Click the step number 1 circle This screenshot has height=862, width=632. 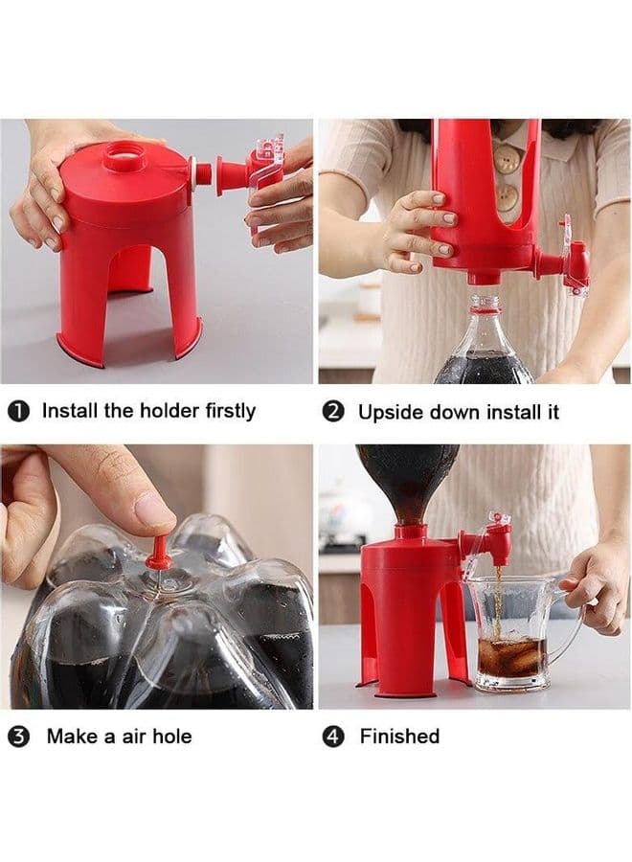coord(19,412)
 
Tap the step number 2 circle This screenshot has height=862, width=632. coord(333,412)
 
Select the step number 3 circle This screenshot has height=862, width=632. coord(19,737)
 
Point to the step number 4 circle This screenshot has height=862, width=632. coord(333,737)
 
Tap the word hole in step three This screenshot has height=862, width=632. coord(171,737)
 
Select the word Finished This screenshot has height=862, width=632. coord(399,737)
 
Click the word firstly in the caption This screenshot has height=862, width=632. coord(230,411)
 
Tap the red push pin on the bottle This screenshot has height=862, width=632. coord(158,553)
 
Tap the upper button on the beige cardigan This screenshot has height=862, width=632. coord(506,158)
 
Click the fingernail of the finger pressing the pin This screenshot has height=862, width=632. coord(153,510)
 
